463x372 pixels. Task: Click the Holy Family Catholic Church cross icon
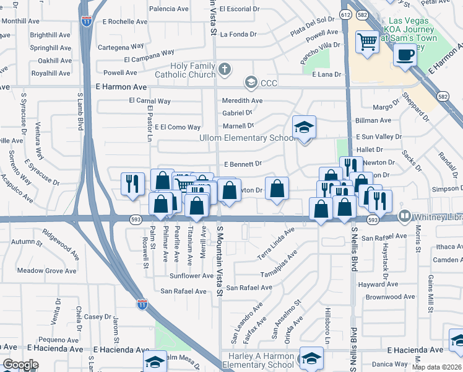pos(225,69)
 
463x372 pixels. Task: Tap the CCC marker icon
pos(251,82)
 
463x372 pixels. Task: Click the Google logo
pos(20,364)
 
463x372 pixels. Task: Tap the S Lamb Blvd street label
pos(80,112)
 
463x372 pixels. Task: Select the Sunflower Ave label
pos(191,276)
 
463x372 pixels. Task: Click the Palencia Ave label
pos(169,9)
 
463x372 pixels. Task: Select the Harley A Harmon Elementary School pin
pos(311,358)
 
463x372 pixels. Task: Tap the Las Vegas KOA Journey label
pos(412,29)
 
